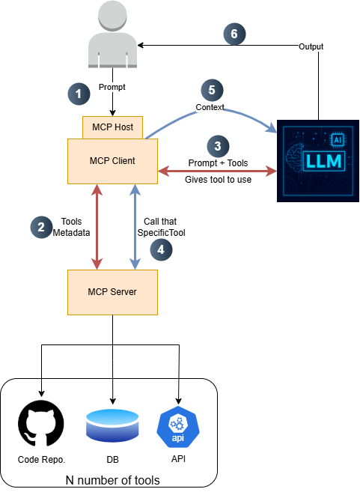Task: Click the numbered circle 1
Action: [79, 94]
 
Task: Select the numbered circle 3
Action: [217, 146]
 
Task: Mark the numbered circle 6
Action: [234, 34]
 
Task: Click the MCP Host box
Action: [112, 127]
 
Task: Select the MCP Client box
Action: [112, 160]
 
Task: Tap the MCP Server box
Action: [112, 291]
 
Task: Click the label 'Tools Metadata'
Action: [72, 227]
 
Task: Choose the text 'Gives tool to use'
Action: [217, 180]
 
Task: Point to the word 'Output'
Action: [312, 46]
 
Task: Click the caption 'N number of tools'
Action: [112, 480]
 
